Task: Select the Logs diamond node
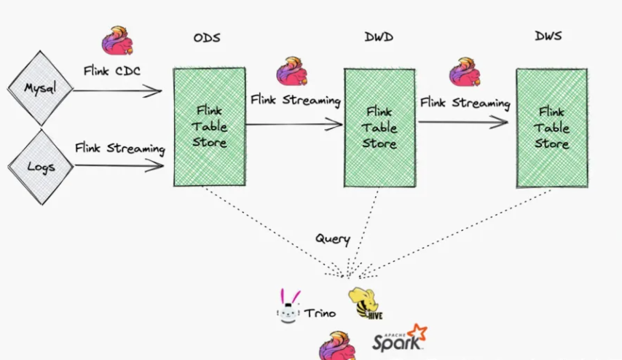tap(41, 165)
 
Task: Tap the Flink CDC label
tap(112, 71)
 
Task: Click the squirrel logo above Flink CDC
tap(117, 41)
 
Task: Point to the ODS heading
tap(208, 37)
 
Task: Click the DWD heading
tap(379, 37)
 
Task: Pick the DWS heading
tap(548, 36)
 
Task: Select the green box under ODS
tap(209, 126)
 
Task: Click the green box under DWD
tap(379, 128)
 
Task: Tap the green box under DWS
tap(551, 128)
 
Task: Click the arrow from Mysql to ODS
tap(117, 91)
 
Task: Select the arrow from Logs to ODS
tap(119, 165)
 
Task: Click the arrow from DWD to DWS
tap(463, 122)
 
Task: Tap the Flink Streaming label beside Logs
tap(120, 148)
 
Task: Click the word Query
tap(332, 238)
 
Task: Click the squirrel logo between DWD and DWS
tap(465, 72)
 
